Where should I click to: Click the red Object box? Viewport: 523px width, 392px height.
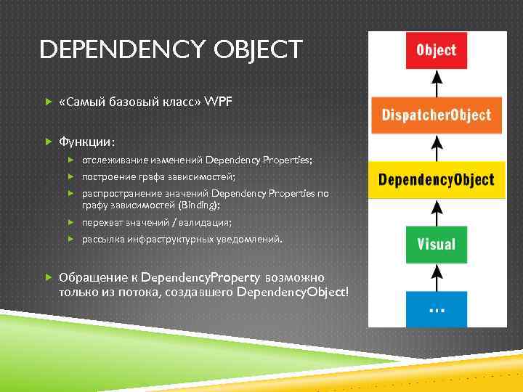pyautogui.click(x=436, y=50)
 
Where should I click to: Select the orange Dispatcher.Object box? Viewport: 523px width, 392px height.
pyautogui.click(x=436, y=114)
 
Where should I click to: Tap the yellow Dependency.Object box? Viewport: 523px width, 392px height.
pyautogui.click(x=436, y=179)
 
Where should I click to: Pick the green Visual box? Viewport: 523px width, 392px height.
pyautogui.click(x=436, y=243)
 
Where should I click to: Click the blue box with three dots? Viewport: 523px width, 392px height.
pyautogui.click(x=436, y=308)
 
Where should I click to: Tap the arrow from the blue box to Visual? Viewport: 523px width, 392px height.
pyautogui.click(x=436, y=277)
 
